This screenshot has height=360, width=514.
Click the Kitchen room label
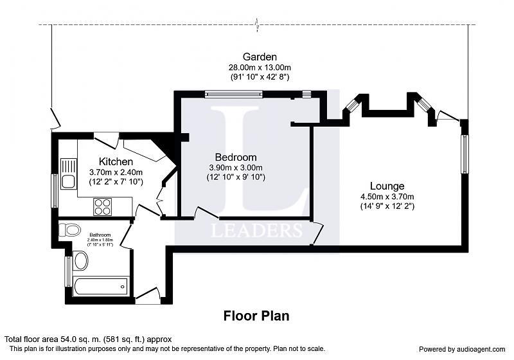coord(116,161)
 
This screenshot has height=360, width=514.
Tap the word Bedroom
coord(236,157)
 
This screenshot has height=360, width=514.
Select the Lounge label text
coord(387,186)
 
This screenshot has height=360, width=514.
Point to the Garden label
coord(260,57)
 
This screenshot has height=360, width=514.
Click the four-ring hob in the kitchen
coord(103,206)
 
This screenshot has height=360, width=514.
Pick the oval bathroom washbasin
coord(81,260)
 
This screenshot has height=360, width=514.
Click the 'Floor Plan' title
coord(256,316)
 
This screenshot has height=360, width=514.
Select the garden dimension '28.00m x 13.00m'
coord(260,67)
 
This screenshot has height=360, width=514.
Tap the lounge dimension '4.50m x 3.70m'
coord(387,197)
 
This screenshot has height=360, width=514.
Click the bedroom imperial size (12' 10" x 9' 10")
coord(236,177)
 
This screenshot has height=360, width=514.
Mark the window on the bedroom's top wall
coord(234,94)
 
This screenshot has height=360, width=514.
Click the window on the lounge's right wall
coord(465,154)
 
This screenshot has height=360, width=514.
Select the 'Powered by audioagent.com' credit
coord(463,349)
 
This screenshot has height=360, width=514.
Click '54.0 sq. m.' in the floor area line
coord(80,339)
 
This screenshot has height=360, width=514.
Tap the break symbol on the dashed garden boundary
coord(258,25)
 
